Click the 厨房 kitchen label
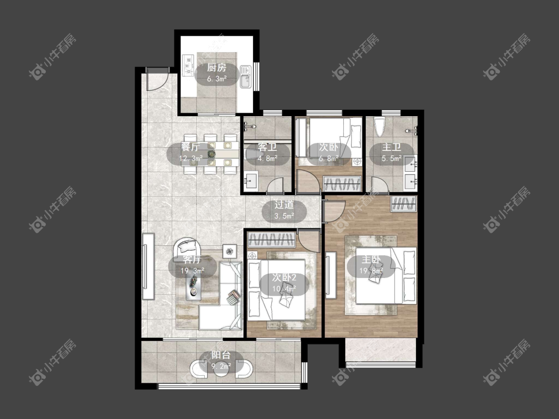pos(217,68)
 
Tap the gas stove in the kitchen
pos(187,65)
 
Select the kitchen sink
pos(245,76)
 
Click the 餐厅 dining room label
pos(190,147)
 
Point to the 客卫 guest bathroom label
pos(267,147)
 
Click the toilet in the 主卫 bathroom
pos(380,127)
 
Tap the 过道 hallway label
pos(284,205)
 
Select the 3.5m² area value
pos(284,216)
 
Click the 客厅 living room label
pos(192,259)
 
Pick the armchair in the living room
pos(187,248)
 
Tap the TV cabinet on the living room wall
pos(148,267)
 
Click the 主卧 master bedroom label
pos(371,259)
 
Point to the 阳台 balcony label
pos(221,355)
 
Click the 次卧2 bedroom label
pos(284,277)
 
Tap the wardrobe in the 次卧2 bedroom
pos(272,239)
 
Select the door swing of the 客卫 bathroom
pos(275,184)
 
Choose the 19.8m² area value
pos(371,271)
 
